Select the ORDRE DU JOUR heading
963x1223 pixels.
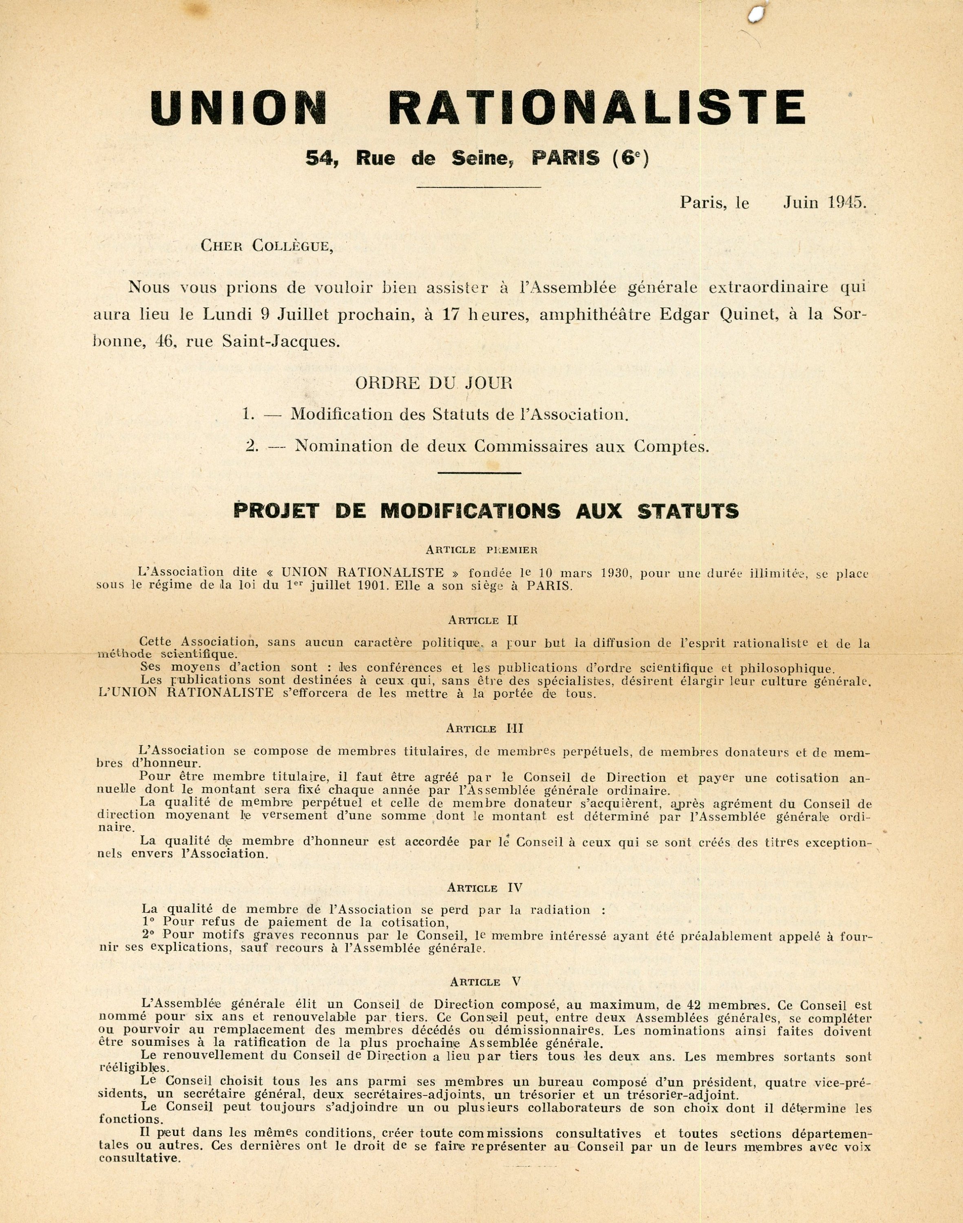(x=433, y=384)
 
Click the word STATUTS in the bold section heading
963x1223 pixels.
(x=688, y=511)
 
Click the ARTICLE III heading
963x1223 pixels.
(x=484, y=729)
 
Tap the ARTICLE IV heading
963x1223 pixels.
(x=484, y=888)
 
